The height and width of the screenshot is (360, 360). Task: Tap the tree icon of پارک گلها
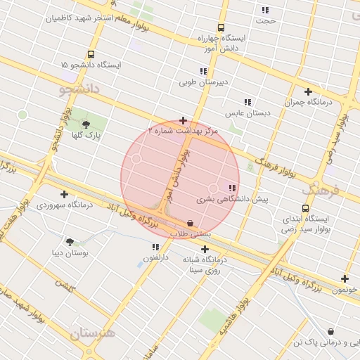pos(86,124)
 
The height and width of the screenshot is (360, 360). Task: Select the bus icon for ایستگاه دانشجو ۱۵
pos(91,54)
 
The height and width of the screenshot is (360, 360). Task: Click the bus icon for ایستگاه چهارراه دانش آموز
pos(221,27)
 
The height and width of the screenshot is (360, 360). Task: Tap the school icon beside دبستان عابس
pos(247,102)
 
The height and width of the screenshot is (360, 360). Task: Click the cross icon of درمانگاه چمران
pos(308,91)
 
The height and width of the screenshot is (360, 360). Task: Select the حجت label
pos(266,20)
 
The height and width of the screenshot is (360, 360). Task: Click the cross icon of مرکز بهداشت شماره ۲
pos(184,121)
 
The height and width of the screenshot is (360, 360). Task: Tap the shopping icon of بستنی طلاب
pos(191,224)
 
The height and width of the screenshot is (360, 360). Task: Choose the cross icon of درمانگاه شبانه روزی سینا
pos(205,249)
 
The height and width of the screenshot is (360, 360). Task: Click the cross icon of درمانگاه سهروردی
pos(64,194)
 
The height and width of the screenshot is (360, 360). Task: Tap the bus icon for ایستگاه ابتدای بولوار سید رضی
pos(305,208)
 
